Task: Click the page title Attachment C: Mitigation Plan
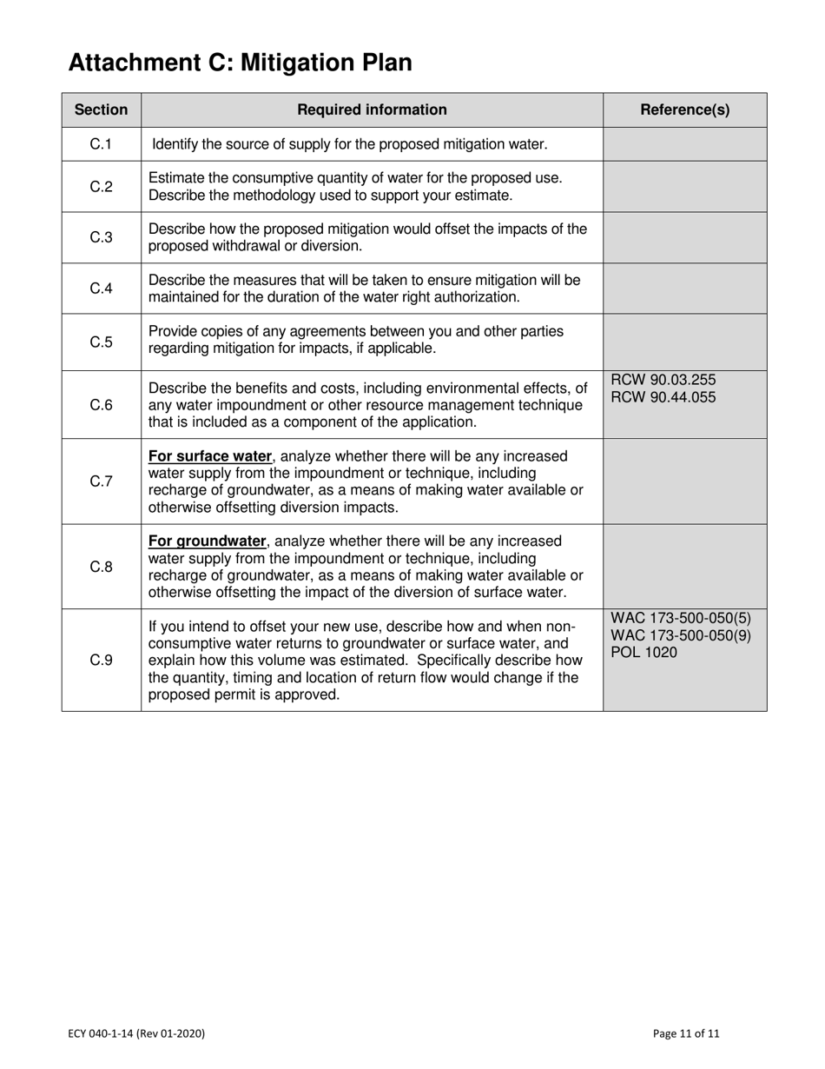point(240,63)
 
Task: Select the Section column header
point(101,110)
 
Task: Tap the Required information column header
point(372,110)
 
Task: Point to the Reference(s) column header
point(684,110)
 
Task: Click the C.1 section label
point(101,143)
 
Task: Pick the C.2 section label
point(101,186)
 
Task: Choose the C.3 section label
point(101,237)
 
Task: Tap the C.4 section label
point(101,289)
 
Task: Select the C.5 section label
point(101,342)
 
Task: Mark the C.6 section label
point(101,405)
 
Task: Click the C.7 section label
point(101,481)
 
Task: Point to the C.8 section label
point(101,567)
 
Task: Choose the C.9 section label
point(101,660)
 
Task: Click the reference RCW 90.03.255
point(664,380)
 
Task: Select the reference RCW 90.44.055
point(664,397)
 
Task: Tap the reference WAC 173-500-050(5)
point(681,619)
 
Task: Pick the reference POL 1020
point(643,653)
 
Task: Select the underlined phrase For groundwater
point(207,541)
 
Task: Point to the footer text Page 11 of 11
point(686,1033)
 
